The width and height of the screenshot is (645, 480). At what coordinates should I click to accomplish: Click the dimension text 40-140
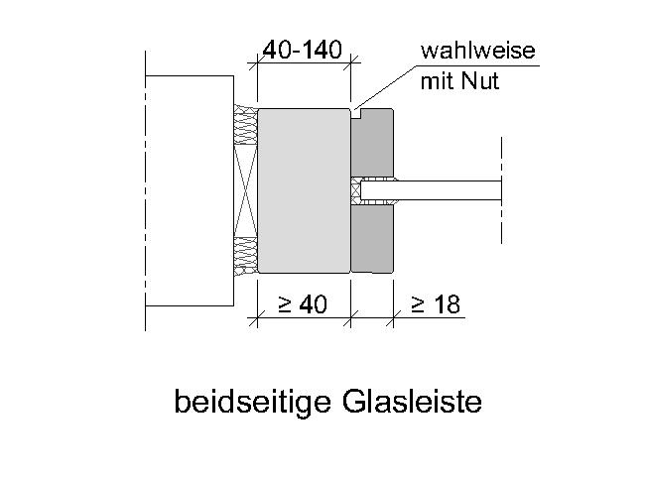click(303, 50)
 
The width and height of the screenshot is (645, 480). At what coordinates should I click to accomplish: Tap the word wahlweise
click(477, 51)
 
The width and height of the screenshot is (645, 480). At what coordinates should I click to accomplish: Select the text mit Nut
click(459, 81)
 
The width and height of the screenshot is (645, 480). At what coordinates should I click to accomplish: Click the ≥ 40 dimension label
click(303, 304)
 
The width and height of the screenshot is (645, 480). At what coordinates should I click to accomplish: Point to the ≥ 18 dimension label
click(436, 304)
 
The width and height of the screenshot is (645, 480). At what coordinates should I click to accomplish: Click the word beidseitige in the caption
click(253, 402)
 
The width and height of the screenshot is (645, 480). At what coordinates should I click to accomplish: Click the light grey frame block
click(304, 190)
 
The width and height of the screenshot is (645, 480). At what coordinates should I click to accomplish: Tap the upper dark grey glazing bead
click(372, 143)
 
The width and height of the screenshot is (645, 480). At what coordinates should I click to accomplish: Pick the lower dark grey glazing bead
click(372, 239)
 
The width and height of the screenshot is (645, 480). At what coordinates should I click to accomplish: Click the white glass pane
click(431, 190)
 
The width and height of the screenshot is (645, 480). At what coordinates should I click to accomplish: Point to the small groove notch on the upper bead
click(356, 114)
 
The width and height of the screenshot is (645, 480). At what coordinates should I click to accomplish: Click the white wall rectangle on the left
click(190, 190)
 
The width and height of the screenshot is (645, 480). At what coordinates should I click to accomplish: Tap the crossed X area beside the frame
click(245, 190)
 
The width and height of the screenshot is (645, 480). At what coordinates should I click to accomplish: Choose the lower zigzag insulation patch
click(245, 256)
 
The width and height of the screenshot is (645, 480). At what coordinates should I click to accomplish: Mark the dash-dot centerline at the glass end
click(501, 190)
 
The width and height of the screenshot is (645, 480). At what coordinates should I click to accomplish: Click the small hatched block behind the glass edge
click(355, 191)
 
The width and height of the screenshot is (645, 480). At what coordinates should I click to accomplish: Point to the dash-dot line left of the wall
click(145, 190)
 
